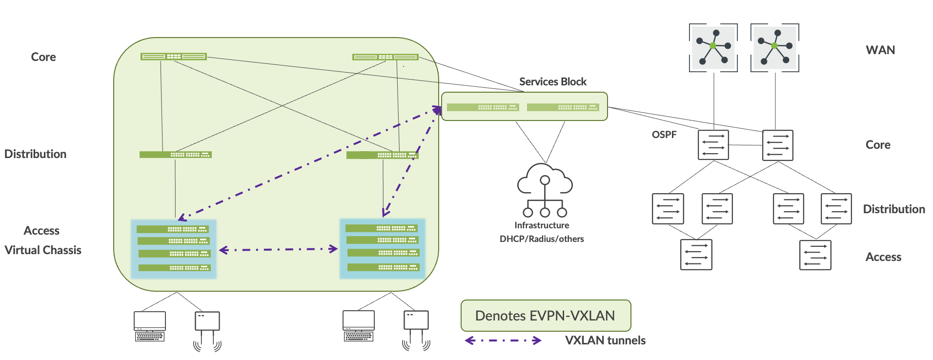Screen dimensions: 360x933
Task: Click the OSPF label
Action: tap(664, 135)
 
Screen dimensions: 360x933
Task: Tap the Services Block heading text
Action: tap(552, 81)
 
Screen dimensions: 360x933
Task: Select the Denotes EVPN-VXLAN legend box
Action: tap(546, 316)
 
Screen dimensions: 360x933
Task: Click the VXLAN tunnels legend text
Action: tap(605, 340)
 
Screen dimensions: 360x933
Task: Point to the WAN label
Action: tap(880, 50)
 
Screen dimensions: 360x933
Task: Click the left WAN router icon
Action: tap(713, 47)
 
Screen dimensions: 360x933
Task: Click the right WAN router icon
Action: tap(774, 47)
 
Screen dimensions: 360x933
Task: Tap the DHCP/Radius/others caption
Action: tap(542, 239)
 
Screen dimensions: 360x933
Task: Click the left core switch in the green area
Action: tap(173, 57)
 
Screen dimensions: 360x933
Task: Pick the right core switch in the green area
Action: tap(385, 57)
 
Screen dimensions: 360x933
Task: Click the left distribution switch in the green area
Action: tap(175, 155)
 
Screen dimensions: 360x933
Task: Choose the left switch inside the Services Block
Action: tap(483, 107)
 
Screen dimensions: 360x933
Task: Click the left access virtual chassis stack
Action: tap(174, 249)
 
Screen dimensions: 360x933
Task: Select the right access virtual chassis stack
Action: tap(382, 249)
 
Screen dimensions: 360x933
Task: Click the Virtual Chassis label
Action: tap(43, 250)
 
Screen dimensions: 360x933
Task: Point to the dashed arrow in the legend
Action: tap(503, 340)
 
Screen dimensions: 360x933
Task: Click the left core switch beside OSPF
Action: tap(713, 145)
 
